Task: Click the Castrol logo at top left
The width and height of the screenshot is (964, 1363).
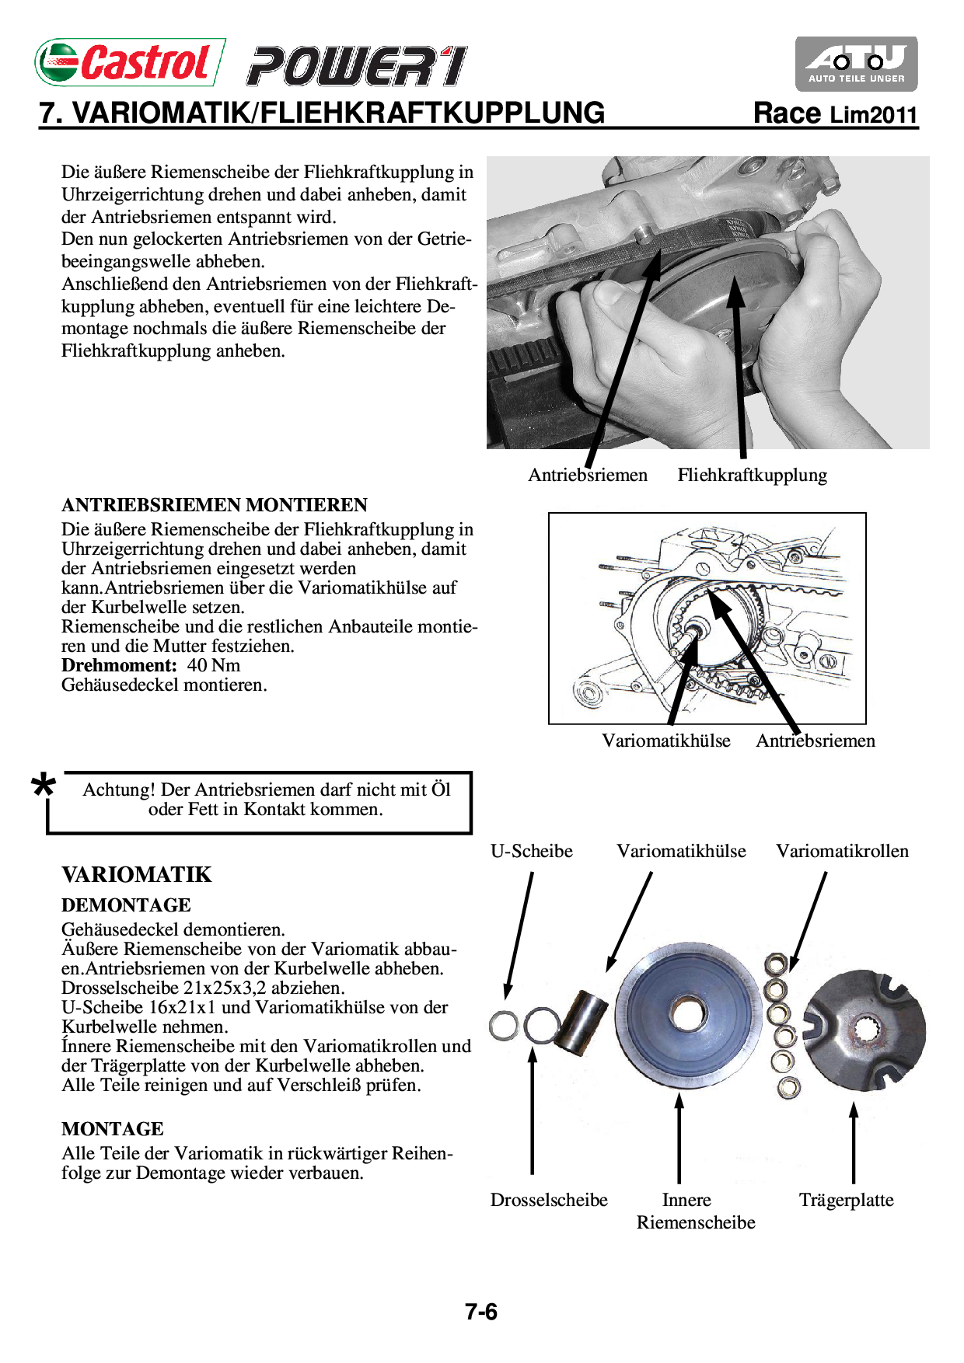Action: pyautogui.click(x=130, y=62)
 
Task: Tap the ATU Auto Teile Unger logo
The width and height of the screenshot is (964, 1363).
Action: pyautogui.click(x=856, y=64)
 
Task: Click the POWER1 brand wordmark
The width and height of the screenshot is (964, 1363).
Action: pyautogui.click(x=357, y=66)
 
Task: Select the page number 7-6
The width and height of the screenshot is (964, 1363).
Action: pyautogui.click(x=481, y=1312)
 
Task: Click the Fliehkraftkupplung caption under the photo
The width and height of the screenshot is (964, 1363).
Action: pyautogui.click(x=752, y=475)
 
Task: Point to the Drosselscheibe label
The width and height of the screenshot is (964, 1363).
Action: pyautogui.click(x=549, y=1200)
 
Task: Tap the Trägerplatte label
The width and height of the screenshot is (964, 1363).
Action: pyautogui.click(x=846, y=1200)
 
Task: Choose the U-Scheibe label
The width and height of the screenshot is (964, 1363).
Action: pyautogui.click(x=531, y=851)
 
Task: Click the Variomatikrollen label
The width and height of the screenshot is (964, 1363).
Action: pyautogui.click(x=842, y=851)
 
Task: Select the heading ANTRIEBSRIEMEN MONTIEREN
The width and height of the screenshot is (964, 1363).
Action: pyautogui.click(x=215, y=505)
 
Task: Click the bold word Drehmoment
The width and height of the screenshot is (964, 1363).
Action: pyautogui.click(x=120, y=665)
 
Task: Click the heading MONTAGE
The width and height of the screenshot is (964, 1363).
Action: pyautogui.click(x=113, y=1129)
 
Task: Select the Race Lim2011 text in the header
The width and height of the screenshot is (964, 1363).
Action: pyautogui.click(x=836, y=114)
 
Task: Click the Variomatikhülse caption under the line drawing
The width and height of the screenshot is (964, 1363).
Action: pyautogui.click(x=666, y=741)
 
